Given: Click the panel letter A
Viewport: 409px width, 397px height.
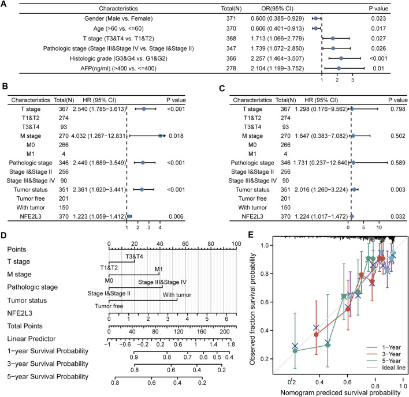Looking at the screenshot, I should coord(5,5).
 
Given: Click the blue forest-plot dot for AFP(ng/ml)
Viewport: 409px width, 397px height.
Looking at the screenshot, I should coord(339,68).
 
